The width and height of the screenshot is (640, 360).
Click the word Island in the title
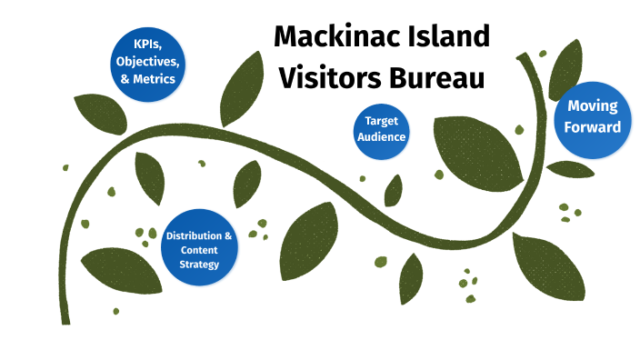447,38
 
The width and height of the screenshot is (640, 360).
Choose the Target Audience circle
381,130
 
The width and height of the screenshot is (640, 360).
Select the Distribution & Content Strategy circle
199,248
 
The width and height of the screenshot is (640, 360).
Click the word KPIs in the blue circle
147,43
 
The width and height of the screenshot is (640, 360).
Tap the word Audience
381,137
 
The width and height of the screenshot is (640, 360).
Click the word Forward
592,126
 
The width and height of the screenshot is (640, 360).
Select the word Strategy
199,265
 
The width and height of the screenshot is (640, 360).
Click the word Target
381,121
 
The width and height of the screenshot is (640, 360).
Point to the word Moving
592,107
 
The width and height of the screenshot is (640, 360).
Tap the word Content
199,250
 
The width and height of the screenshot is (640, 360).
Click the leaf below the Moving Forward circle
570,169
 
